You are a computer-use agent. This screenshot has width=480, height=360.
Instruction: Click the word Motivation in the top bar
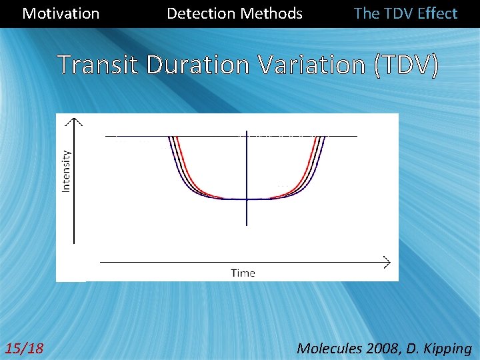coord(61,13)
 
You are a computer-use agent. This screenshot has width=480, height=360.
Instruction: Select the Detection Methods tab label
coord(234,13)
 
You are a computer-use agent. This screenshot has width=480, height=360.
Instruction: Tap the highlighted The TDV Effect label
coord(405,13)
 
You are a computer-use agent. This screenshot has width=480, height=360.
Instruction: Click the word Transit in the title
coord(100,65)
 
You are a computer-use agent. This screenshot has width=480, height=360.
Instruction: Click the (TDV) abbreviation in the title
coord(407,65)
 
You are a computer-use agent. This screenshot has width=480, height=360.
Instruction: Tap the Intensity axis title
coord(66,170)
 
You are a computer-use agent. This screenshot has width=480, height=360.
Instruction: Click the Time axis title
coord(243,273)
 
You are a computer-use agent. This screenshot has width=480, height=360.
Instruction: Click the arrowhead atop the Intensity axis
coord(76,121)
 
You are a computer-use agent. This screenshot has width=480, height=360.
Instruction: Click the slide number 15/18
coord(24,347)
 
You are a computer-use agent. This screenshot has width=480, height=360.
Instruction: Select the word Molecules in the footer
coord(328,347)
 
